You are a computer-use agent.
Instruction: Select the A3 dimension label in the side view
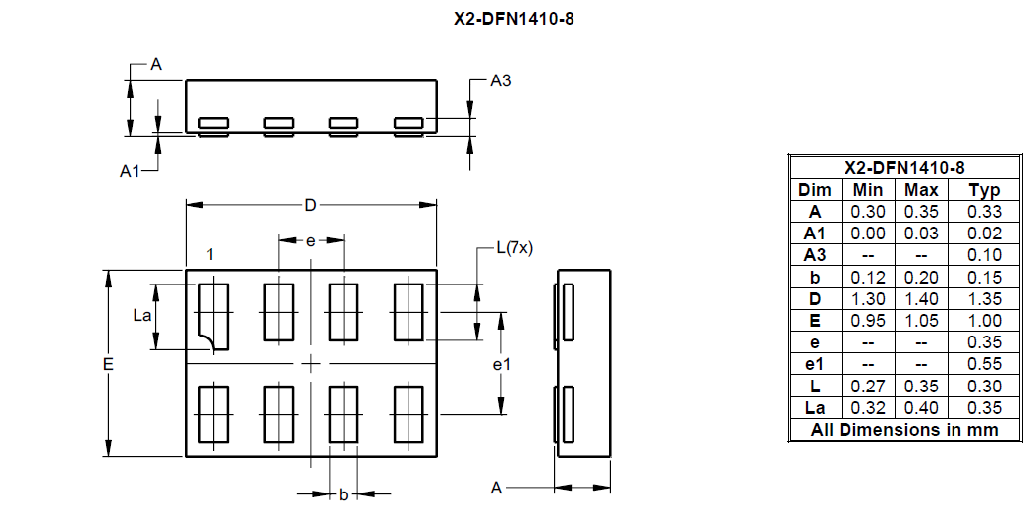(x=500, y=81)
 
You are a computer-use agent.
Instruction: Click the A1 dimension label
(x=130, y=171)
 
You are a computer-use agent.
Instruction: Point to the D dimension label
(x=310, y=205)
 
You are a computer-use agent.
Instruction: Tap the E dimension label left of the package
(x=108, y=364)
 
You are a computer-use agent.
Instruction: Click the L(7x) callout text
(x=514, y=248)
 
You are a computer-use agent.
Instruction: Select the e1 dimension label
(x=501, y=364)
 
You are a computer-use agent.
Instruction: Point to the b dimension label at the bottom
(x=343, y=494)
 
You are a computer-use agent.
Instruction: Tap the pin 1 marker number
(x=210, y=254)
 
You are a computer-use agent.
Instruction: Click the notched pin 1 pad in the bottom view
(x=213, y=316)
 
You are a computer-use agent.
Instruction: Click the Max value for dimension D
(x=921, y=299)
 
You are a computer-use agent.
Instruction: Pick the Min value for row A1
(x=868, y=234)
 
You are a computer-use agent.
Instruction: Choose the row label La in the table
(x=815, y=408)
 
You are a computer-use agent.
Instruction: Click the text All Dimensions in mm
(x=903, y=430)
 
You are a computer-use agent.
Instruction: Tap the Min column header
(x=868, y=190)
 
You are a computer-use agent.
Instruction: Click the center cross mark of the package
(x=311, y=364)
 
